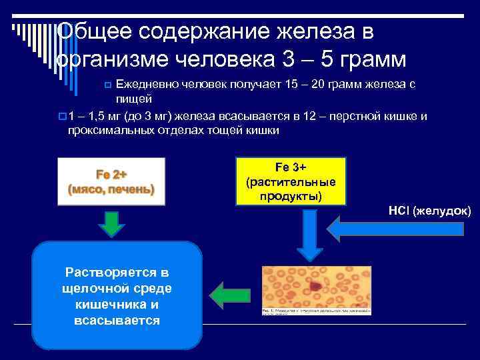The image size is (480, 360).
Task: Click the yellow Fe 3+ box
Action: click(290, 181)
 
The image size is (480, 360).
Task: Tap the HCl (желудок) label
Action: click(430, 211)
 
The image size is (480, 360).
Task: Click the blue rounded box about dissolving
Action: click(118, 296)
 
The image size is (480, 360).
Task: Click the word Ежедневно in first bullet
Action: click(147, 85)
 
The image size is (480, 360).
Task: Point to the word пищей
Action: click(131, 99)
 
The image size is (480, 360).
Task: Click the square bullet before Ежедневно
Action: click(109, 86)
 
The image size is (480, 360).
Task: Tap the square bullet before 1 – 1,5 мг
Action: click(61, 117)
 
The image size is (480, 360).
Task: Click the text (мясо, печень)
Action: click(111, 189)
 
